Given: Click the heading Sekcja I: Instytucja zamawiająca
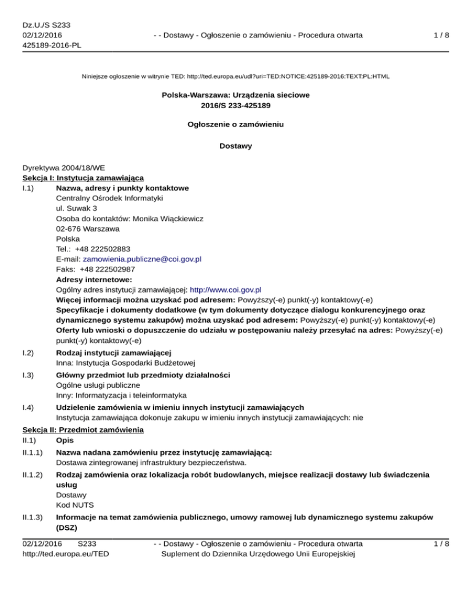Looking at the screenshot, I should [83, 177].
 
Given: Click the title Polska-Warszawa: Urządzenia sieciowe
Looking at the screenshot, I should [235, 95].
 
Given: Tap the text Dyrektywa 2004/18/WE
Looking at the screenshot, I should [64, 167].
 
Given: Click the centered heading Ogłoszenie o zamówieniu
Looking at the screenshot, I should [235, 124].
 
